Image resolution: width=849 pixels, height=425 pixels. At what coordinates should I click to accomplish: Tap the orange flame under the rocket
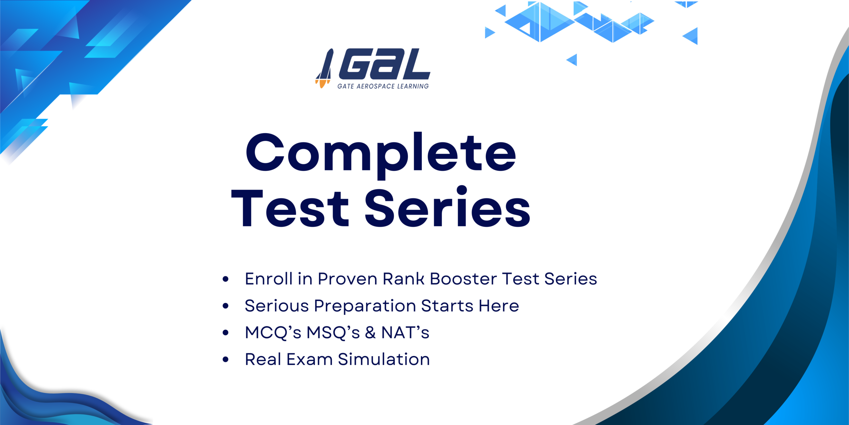pyautogui.click(x=322, y=84)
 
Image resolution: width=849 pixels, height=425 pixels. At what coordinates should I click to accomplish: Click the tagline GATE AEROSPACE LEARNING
pyautogui.click(x=383, y=86)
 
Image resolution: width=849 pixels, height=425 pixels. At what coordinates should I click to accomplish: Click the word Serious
pyautogui.click(x=277, y=305)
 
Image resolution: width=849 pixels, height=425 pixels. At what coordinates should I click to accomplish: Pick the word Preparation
pyautogui.click(x=365, y=306)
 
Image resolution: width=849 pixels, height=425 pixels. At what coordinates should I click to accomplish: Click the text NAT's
pyautogui.click(x=405, y=332)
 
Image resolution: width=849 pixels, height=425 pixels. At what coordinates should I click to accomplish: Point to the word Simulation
pyautogui.click(x=384, y=359)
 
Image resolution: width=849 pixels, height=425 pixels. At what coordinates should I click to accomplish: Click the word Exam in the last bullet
pyautogui.click(x=309, y=359)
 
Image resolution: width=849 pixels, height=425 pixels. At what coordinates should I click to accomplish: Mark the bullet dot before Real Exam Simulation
pyautogui.click(x=226, y=359)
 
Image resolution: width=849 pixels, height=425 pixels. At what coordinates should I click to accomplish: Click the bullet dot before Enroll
pyautogui.click(x=226, y=279)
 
